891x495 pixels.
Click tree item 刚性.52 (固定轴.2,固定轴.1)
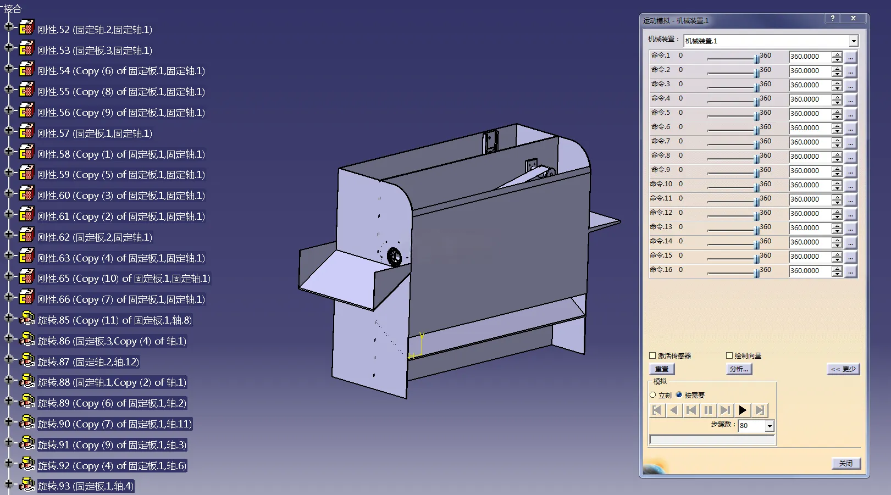click(x=95, y=30)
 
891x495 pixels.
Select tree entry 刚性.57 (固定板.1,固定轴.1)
click(x=95, y=134)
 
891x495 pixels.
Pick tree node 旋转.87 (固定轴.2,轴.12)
click(x=88, y=362)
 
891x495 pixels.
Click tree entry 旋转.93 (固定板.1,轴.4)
click(x=86, y=486)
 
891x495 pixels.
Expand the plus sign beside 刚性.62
click(x=8, y=235)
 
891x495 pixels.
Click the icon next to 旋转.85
click(x=26, y=318)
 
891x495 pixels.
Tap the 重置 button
click(x=662, y=369)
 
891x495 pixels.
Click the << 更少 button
click(x=843, y=369)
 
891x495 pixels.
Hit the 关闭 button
click(x=846, y=463)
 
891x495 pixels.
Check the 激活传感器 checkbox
click(x=652, y=355)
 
